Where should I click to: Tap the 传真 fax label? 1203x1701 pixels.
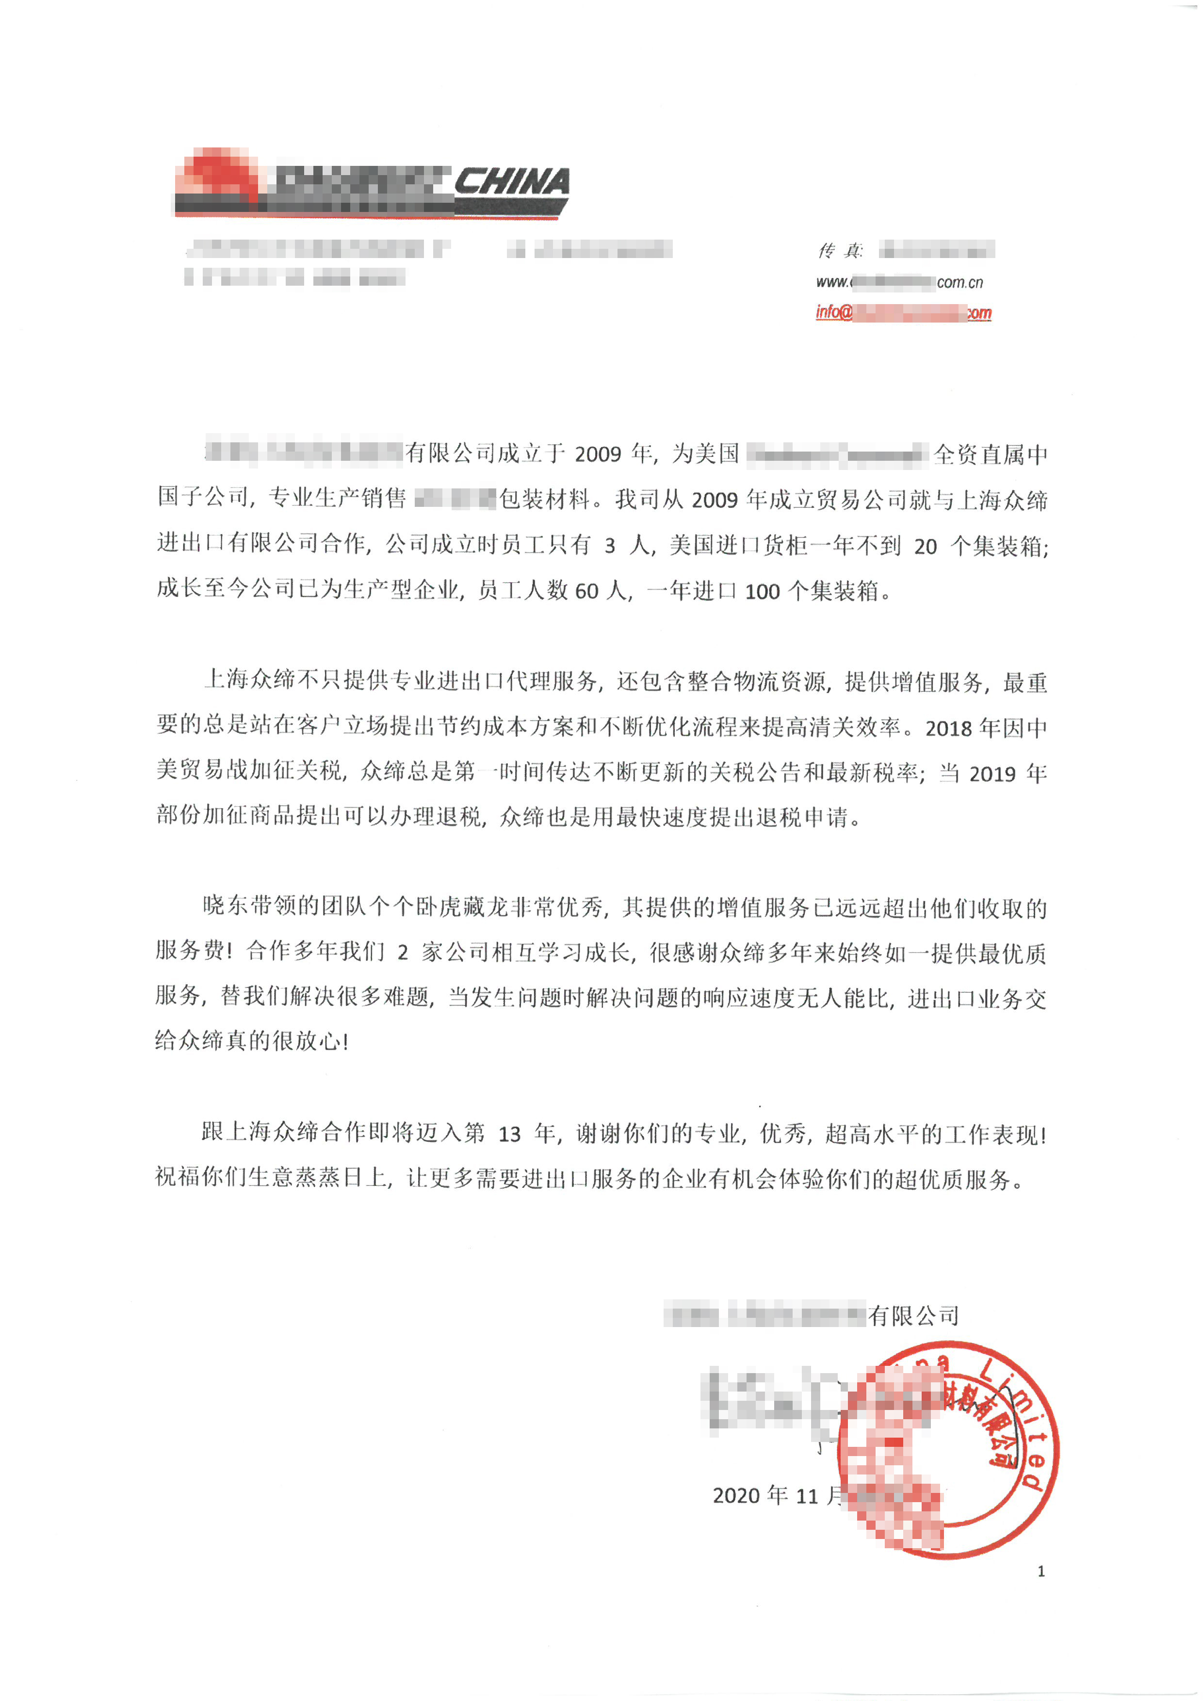(x=840, y=251)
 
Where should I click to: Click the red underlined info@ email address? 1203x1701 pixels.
(x=903, y=313)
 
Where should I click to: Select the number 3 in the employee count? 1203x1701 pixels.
(x=610, y=547)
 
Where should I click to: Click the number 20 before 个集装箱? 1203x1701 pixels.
(x=925, y=547)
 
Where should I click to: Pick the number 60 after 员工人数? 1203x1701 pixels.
(x=586, y=591)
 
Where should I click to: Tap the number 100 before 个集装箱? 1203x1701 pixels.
(x=762, y=591)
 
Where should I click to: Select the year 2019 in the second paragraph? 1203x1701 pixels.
(x=992, y=774)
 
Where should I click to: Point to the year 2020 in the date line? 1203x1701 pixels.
(x=736, y=1496)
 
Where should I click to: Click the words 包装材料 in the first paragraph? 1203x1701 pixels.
(x=544, y=499)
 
